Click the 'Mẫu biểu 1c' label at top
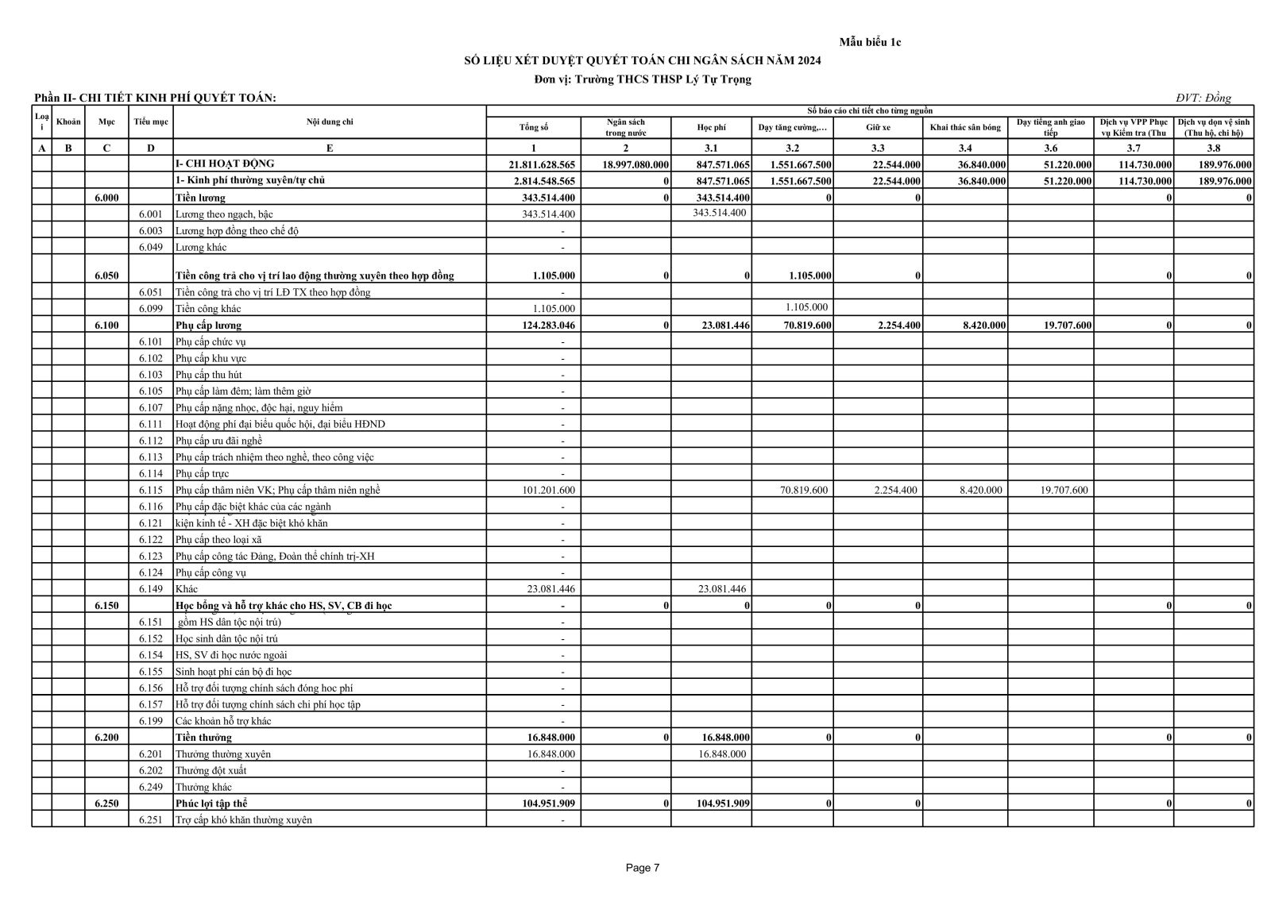870,42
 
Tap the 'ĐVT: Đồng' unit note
1203,98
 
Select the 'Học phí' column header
711,128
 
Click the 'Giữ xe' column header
877,128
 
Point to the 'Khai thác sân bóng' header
964,128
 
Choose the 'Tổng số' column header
533,128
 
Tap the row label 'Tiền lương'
200,198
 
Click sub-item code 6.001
150,214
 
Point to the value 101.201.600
548,490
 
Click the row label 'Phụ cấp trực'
202,474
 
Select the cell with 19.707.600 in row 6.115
1064,490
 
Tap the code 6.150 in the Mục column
106,606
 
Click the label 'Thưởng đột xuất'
211,770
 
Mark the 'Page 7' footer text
643,868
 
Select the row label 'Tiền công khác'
208,309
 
